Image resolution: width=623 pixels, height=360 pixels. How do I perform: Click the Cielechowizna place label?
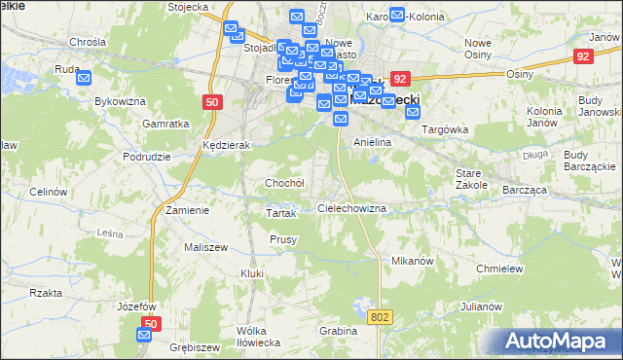[352, 209]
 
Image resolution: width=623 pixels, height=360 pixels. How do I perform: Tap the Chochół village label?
[285, 183]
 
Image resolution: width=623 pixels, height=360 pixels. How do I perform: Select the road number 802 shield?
[381, 316]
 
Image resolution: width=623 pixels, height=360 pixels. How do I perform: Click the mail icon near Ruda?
[84, 79]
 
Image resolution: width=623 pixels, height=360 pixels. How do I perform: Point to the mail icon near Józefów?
[144, 335]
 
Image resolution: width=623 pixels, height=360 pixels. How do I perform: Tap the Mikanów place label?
[411, 262]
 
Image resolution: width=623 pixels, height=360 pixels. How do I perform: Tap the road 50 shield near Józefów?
[150, 322]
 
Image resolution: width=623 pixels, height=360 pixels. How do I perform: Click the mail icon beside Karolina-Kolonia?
[397, 16]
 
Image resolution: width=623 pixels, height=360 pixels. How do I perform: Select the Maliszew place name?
[205, 247]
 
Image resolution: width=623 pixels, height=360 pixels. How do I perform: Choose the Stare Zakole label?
[471, 178]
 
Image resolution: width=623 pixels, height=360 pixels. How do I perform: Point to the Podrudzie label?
[147, 157]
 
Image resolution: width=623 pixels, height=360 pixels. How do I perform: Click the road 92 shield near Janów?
[583, 56]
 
